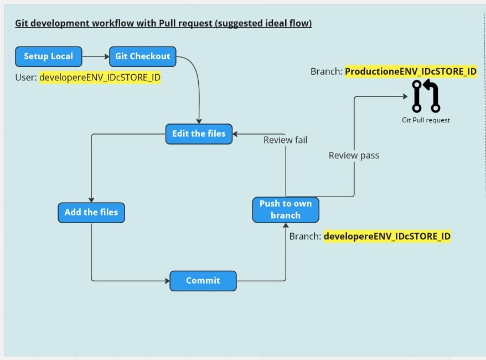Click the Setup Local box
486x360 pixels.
click(x=49, y=56)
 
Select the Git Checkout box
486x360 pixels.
click(x=143, y=56)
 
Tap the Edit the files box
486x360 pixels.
click(x=199, y=134)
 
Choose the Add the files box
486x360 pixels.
click(x=91, y=213)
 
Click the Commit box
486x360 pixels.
click(x=203, y=281)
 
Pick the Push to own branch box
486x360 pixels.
click(x=286, y=209)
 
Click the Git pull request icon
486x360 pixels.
click(x=426, y=96)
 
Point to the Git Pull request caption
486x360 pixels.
click(x=426, y=120)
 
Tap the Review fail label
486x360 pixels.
click(x=286, y=140)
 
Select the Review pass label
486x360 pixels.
click(x=354, y=155)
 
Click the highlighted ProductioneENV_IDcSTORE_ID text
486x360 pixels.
click(x=411, y=71)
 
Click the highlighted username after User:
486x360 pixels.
click(x=100, y=78)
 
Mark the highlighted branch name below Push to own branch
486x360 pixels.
click(x=387, y=236)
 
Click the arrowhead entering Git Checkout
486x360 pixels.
click(x=107, y=56)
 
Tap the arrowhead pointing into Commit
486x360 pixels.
click(x=167, y=281)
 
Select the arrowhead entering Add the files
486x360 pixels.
click(x=91, y=200)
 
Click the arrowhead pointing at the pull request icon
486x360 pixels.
click(x=405, y=96)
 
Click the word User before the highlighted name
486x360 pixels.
click(x=24, y=78)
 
